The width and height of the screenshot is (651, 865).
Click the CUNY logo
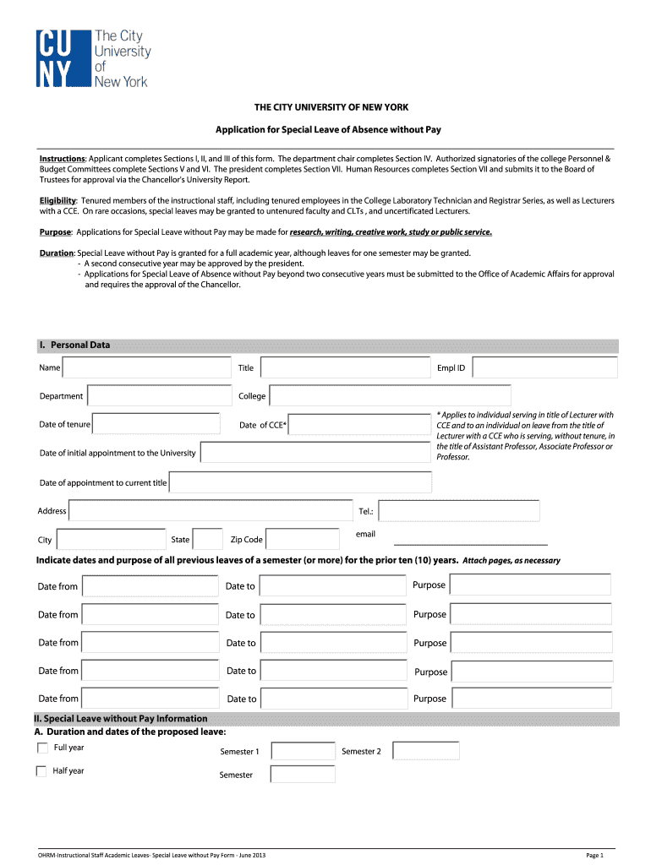tap(92, 58)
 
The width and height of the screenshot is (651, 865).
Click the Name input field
tap(146, 367)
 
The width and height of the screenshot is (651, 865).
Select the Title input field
tap(344, 367)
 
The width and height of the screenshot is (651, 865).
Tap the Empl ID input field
tap(543, 367)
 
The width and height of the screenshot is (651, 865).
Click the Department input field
tap(159, 395)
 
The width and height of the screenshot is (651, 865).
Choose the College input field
tap(390, 395)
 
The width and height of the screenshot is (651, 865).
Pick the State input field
tap(207, 539)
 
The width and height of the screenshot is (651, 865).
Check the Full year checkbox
tap(41, 748)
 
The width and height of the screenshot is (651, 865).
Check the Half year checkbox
tap(41, 770)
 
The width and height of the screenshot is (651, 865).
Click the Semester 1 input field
tap(303, 751)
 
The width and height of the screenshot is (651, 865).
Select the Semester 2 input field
tap(425, 751)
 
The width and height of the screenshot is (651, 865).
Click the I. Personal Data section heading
tap(74, 345)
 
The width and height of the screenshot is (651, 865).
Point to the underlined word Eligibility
tap(57, 200)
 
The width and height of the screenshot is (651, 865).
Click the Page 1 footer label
tap(594, 855)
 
